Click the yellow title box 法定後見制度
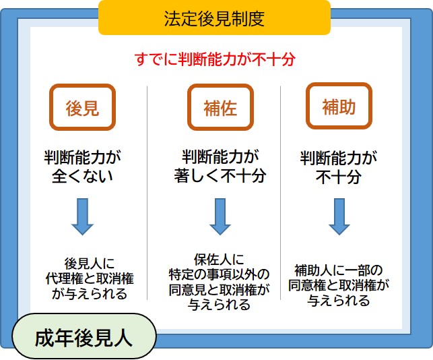[x=214, y=18]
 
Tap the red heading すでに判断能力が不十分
[x=215, y=59]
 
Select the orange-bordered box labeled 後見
[x=82, y=107]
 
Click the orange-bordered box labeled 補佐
[x=220, y=107]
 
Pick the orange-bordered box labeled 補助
[x=339, y=106]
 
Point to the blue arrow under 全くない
[x=83, y=216]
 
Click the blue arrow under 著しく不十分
[x=220, y=216]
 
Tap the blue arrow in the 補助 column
[x=339, y=216]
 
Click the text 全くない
[x=82, y=176]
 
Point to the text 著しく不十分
[x=220, y=175]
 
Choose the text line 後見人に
[x=89, y=264]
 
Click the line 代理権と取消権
[x=90, y=278]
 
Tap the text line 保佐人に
[x=219, y=260]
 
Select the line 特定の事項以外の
[x=219, y=274]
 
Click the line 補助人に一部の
[x=338, y=270]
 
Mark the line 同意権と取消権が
[x=338, y=285]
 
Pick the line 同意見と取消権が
[x=219, y=290]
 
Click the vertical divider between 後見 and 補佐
[x=147, y=192]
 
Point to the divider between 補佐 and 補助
[x=280, y=192]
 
